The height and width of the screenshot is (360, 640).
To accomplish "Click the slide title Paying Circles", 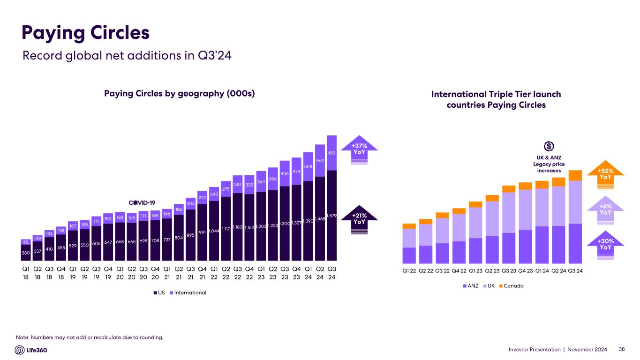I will (x=86, y=33).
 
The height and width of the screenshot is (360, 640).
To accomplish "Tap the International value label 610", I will (x=331, y=153).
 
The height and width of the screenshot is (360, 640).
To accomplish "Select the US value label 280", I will (x=26, y=253).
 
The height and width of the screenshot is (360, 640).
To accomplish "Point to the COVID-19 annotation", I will (x=142, y=202).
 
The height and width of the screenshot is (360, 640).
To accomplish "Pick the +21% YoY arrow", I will (x=359, y=219).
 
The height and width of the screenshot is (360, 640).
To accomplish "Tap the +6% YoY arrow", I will (x=605, y=210).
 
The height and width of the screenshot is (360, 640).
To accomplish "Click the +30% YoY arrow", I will (x=605, y=244).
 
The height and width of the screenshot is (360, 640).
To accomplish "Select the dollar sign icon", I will (x=548, y=146).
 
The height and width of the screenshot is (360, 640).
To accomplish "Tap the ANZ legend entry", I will (x=470, y=285).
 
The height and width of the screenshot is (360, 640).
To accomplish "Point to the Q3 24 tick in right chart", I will (x=575, y=271).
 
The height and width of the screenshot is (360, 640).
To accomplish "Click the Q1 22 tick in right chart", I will (x=409, y=271).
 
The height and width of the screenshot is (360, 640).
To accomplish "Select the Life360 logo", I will (x=31, y=350).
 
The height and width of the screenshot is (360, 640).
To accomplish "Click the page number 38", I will (x=622, y=349).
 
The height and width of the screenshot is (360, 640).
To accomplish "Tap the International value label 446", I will (x=285, y=173).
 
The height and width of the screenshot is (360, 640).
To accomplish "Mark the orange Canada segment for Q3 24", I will (x=575, y=175).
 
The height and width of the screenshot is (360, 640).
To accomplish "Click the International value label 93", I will (x=26, y=242).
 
